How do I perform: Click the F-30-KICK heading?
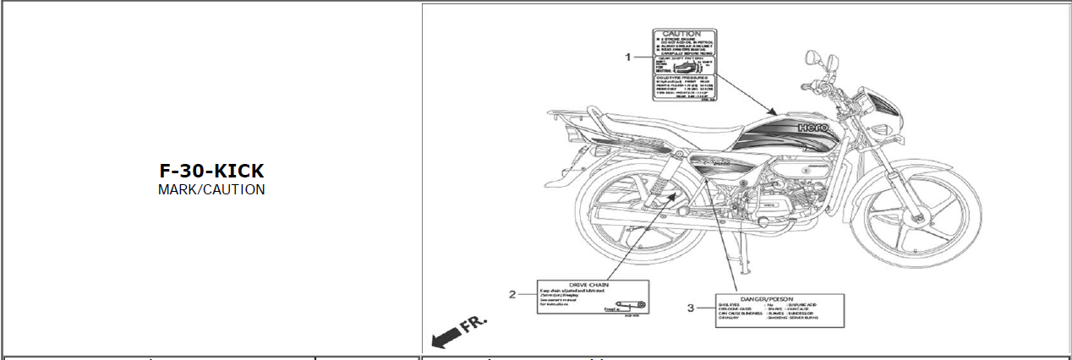coord(211,171)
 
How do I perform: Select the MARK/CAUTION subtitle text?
coord(211,190)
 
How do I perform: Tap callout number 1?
coord(628,57)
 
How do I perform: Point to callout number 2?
coord(512,294)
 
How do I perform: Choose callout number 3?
coord(690,308)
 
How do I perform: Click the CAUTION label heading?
coord(681,34)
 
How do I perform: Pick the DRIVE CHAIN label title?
coord(593,285)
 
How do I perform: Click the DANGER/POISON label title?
coord(765,299)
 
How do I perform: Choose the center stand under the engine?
coord(740,254)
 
